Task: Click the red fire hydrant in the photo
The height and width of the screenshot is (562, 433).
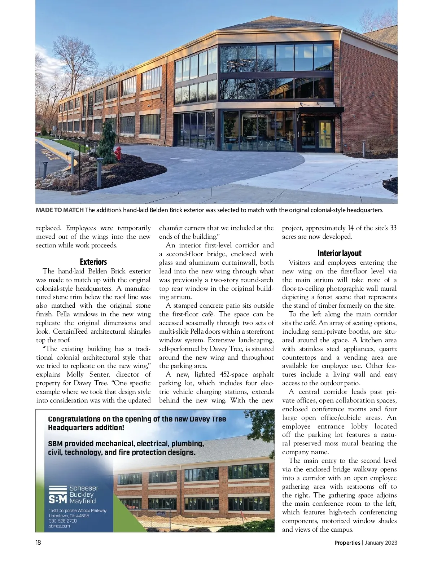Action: click(x=118, y=153)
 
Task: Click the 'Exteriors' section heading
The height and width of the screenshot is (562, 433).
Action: click(x=93, y=262)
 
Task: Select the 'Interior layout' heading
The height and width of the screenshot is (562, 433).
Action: click(x=339, y=253)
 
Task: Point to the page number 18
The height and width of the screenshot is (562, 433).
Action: click(x=38, y=543)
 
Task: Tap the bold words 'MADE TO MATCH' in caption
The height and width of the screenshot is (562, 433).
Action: click(x=60, y=210)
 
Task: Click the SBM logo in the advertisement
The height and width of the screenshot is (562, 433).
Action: click(x=58, y=495)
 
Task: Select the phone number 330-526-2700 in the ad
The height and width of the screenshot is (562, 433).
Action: click(x=63, y=521)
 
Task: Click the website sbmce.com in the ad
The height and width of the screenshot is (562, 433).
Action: click(x=60, y=526)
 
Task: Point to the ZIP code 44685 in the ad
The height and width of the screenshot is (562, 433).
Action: click(x=82, y=516)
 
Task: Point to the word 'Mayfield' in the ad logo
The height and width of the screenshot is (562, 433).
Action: click(x=83, y=501)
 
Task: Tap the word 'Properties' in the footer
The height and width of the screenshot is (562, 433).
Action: click(x=347, y=543)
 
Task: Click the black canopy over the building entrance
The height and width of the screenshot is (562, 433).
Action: click(x=321, y=110)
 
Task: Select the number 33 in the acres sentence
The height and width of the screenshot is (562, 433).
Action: click(x=393, y=228)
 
